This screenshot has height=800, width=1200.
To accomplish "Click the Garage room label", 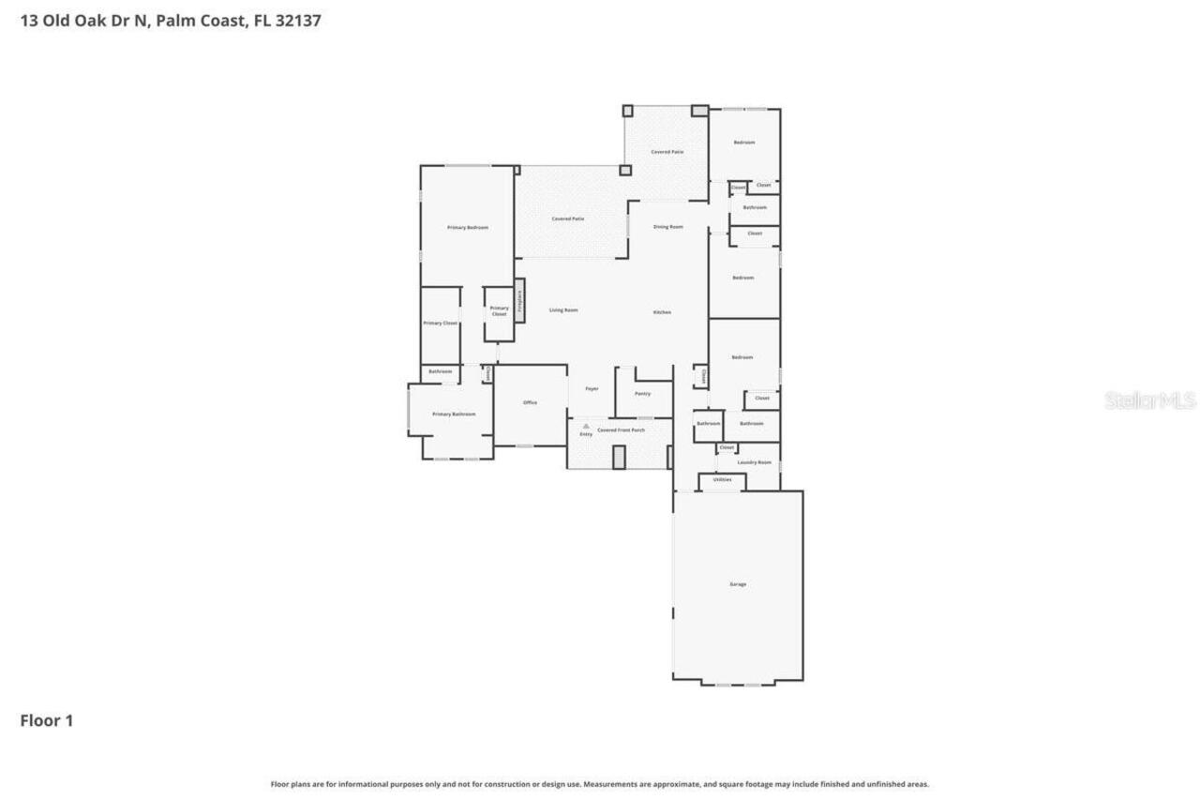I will click(x=738, y=584).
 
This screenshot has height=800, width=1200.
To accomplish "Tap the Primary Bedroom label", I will click(x=467, y=228).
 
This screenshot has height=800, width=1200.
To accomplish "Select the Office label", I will click(x=530, y=402).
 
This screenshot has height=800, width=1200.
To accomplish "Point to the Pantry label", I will click(x=642, y=394).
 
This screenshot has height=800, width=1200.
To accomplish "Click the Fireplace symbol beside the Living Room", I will click(x=519, y=301).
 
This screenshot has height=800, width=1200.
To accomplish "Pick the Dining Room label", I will click(x=667, y=227).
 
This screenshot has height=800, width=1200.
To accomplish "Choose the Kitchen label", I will click(x=662, y=312).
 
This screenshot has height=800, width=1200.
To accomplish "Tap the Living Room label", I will click(x=563, y=310).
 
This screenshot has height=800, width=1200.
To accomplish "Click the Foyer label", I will click(x=592, y=388).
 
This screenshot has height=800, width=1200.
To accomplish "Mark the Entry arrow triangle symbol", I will click(x=586, y=426).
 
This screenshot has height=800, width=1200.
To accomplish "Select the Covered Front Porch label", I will click(x=621, y=430).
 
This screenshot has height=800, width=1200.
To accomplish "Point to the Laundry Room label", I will click(x=754, y=462).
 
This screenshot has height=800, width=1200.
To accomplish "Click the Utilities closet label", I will click(x=722, y=480).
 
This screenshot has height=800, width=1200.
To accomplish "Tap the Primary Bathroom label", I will click(x=454, y=414).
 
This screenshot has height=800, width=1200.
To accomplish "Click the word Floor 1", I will click(x=46, y=720).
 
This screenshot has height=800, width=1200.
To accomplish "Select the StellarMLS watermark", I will click(x=1149, y=400).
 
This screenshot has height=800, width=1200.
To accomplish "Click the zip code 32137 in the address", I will click(x=297, y=20).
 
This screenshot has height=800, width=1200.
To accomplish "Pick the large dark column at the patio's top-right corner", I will click(x=699, y=111).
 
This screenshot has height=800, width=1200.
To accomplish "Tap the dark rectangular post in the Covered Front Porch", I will click(x=619, y=457).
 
